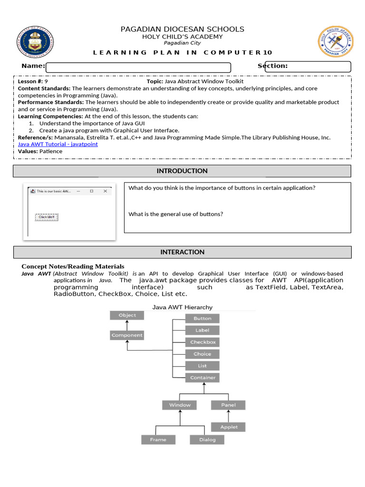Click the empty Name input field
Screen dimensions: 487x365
tap(138, 67)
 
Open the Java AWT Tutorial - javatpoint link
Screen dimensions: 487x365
tap(58, 144)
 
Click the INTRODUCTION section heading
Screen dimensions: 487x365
tap(182, 171)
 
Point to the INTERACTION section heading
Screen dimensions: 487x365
tap(182, 252)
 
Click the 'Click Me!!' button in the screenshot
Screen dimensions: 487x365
tap(47, 217)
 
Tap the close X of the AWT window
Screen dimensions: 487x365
tap(105, 191)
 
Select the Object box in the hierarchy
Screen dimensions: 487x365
tap(127, 315)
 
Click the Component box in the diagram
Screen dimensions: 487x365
tap(127, 335)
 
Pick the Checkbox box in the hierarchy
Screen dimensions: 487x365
tap(202, 342)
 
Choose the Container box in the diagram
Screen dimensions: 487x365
tap(202, 378)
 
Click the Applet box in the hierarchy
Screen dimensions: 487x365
tap(229, 427)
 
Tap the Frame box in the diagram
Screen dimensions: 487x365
tap(158, 439)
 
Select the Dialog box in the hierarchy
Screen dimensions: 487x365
tap(207, 439)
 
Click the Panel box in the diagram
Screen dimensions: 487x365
tap(228, 405)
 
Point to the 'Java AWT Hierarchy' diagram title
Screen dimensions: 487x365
tap(182, 307)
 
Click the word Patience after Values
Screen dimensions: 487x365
tap(51, 151)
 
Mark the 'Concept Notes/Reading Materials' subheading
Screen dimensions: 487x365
tap(73, 266)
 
